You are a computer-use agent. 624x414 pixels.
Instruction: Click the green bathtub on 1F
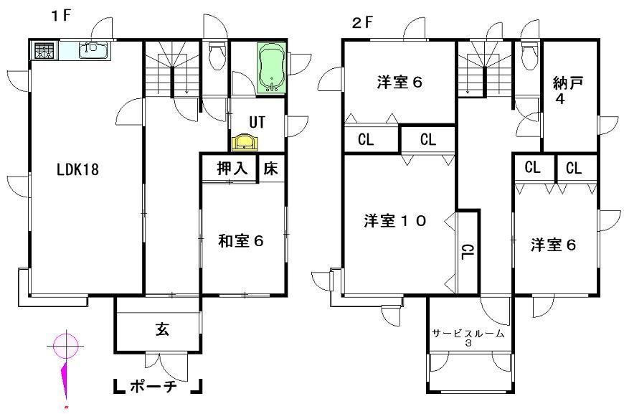point(271,68)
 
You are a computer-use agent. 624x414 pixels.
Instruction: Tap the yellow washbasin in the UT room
point(245,142)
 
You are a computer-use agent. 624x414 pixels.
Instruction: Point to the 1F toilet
point(216,55)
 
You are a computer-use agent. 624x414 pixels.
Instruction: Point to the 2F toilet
point(529,55)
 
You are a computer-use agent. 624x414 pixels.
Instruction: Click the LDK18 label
point(77,170)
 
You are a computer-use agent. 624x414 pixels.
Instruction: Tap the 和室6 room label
point(242,241)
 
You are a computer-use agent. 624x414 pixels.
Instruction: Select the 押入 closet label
point(232,169)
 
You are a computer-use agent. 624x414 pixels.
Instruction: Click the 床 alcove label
point(271,169)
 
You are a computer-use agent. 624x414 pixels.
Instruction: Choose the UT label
point(257,122)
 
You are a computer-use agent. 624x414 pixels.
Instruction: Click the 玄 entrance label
point(162,330)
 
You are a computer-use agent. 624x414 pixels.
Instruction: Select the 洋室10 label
point(394,221)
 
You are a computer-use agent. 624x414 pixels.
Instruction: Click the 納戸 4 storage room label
point(567,90)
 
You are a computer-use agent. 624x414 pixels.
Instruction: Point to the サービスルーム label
point(468,334)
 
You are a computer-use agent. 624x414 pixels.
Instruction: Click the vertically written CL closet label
point(467,252)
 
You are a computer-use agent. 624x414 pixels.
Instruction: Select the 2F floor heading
point(363,22)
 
